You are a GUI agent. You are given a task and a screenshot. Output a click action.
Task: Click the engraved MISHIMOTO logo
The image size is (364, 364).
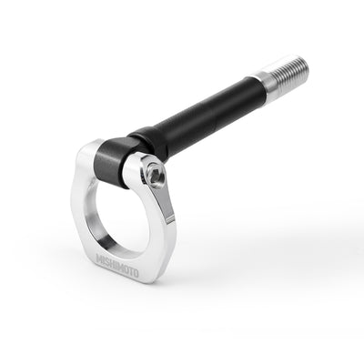tap(120, 266)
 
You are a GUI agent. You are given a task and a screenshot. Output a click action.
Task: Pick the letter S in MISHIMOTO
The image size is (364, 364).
tap(110, 262)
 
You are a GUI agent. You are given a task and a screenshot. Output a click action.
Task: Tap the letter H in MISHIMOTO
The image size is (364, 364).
tap(116, 265)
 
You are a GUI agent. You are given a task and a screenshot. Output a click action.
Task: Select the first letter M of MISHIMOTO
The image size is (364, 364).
tap(100, 258)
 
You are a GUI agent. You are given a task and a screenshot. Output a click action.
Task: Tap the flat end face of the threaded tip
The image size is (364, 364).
tap(305, 66)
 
